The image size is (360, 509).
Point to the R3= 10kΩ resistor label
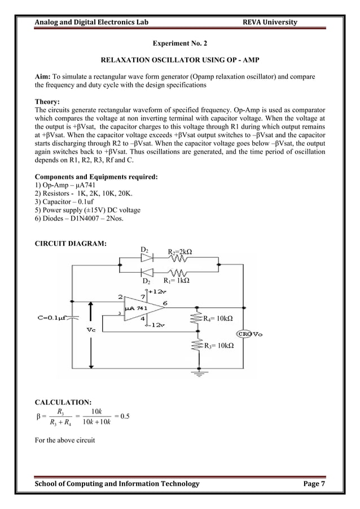point(219,345)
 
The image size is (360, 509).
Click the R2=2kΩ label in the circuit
point(180,251)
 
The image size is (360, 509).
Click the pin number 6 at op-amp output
point(164,303)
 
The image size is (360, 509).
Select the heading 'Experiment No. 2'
point(179,43)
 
